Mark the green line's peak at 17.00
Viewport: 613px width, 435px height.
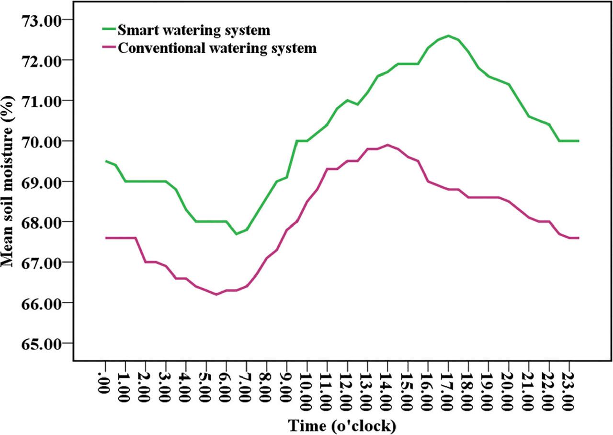click(448, 35)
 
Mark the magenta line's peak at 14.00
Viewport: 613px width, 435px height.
click(387, 145)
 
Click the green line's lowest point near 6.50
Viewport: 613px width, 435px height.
click(236, 234)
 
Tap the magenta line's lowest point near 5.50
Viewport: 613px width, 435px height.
click(216, 294)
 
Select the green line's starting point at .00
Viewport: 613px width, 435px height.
click(105, 161)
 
